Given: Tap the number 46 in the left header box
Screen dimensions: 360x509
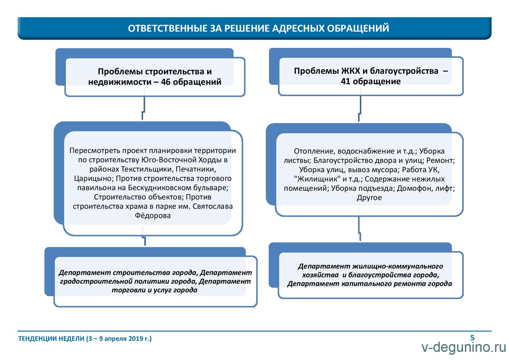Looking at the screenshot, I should click(x=165, y=82).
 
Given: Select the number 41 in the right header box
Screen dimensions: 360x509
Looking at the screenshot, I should click(x=345, y=81).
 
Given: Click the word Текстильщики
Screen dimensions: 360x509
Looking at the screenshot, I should click(x=147, y=169).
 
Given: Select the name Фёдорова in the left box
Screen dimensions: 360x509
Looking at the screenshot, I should click(x=153, y=215).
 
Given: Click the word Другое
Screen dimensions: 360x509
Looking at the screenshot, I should click(x=369, y=197).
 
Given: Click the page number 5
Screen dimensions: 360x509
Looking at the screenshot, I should click(x=472, y=338).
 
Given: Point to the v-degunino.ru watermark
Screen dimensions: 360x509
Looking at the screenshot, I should click(x=464, y=347).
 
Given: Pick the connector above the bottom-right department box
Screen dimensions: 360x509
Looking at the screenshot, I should click(x=360, y=229).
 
